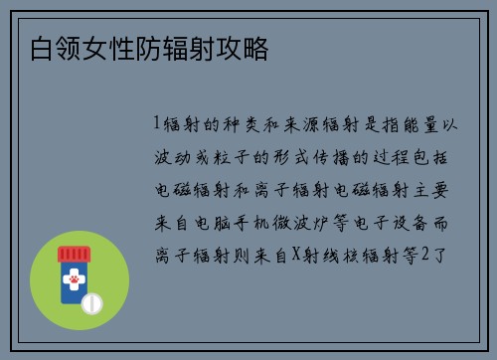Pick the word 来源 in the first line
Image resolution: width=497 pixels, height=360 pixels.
(x=317, y=124)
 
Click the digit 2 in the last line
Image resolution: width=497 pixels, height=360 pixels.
(x=425, y=256)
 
